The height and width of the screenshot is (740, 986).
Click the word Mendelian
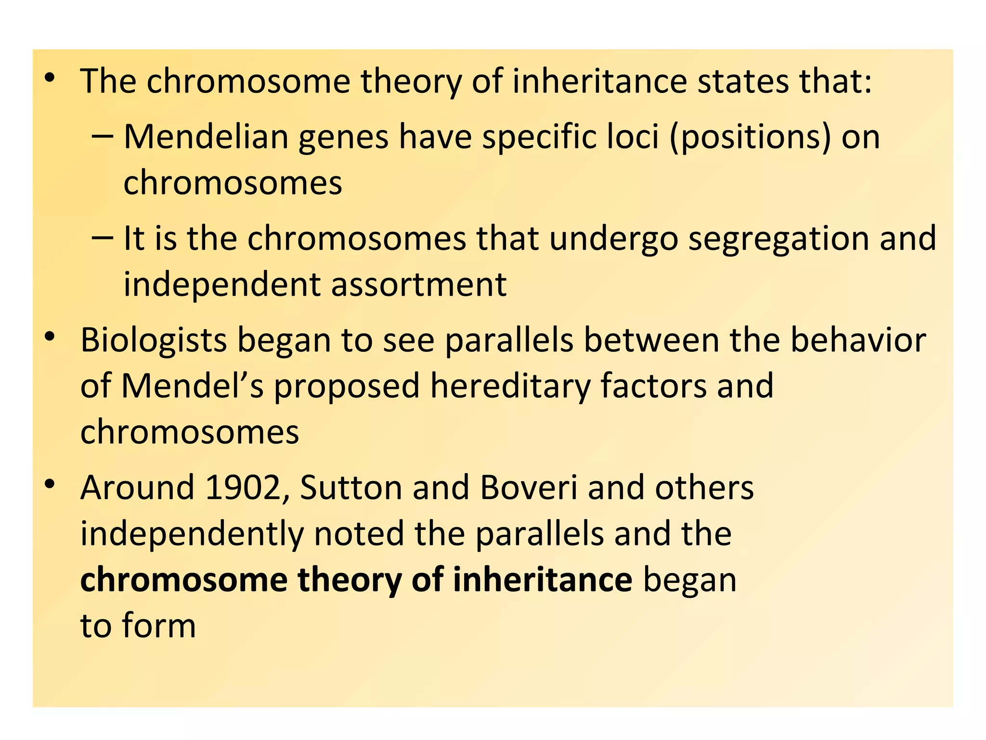(206, 137)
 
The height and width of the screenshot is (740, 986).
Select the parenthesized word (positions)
(750, 138)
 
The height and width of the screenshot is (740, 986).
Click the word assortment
(419, 284)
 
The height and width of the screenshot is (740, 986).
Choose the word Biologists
(153, 341)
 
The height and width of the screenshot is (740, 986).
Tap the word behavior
(858, 340)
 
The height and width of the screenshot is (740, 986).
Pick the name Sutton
(351, 488)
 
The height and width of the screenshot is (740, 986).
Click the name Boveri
(528, 488)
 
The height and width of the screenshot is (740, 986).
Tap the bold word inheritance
(543, 580)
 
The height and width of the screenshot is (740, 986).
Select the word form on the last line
(159, 625)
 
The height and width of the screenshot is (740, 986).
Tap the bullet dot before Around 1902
(50, 485)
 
